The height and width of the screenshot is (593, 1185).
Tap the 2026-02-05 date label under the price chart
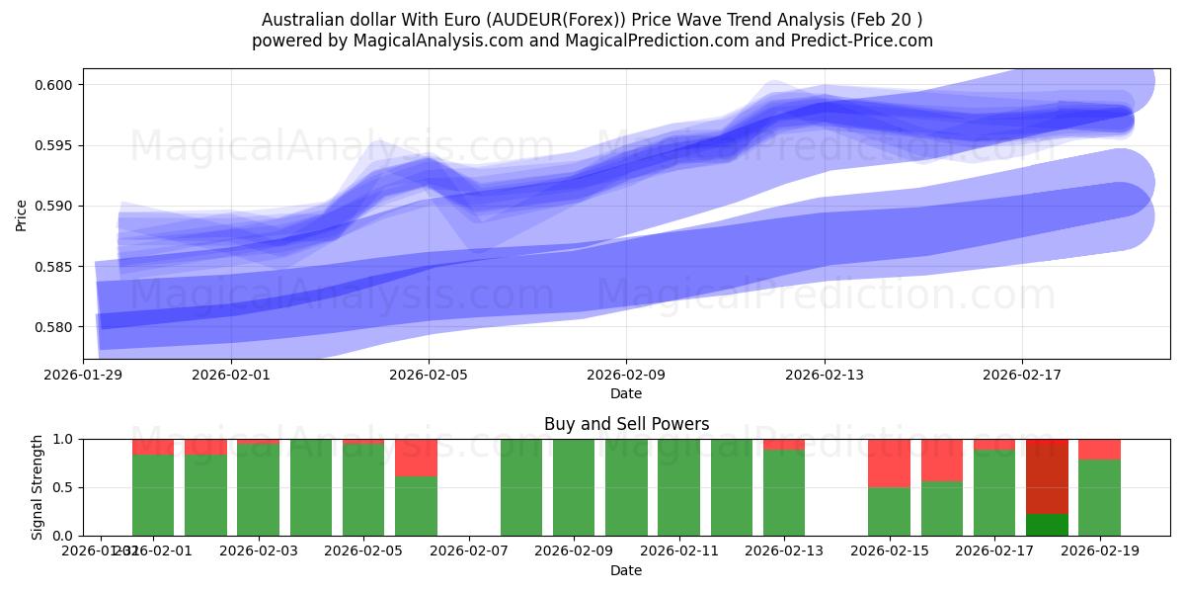pyautogui.click(x=429, y=376)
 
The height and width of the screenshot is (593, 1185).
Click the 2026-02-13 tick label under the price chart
pyautogui.click(x=826, y=376)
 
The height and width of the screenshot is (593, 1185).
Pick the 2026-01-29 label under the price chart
pyautogui.click(x=83, y=376)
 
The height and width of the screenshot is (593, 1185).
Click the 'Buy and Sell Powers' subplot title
pyautogui.click(x=626, y=424)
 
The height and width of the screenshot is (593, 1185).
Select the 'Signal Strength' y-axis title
pyautogui.click(x=37, y=487)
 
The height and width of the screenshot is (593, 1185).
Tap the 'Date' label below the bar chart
pyautogui.click(x=626, y=570)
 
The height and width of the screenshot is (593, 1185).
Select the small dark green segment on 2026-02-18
pyautogui.click(x=1047, y=525)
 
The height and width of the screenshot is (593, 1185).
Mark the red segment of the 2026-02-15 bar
pyautogui.click(x=889, y=463)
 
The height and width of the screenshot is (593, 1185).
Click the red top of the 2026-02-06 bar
pyautogui.click(x=416, y=458)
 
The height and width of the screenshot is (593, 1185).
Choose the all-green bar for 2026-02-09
pyautogui.click(x=574, y=487)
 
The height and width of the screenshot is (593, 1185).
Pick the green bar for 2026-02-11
pyautogui.click(x=678, y=487)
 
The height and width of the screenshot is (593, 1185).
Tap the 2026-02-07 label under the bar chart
pyautogui.click(x=469, y=551)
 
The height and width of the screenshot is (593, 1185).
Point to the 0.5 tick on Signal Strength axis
pyautogui.click(x=66, y=487)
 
